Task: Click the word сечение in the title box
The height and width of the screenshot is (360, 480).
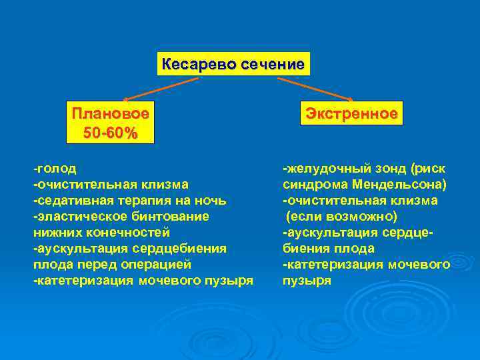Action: pos(271,65)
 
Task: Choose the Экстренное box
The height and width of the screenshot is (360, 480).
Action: pos(351,113)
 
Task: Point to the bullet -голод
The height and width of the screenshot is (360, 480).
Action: pos(55,168)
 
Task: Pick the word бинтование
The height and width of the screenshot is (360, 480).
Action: pos(164,216)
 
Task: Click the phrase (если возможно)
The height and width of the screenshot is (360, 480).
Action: pos(342,216)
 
